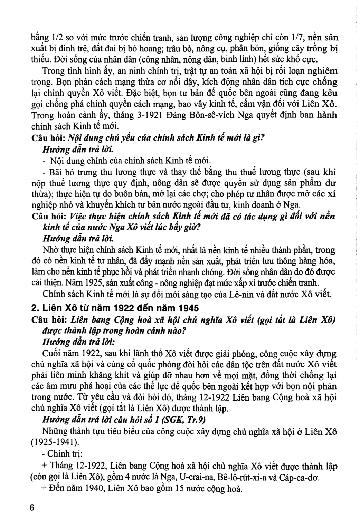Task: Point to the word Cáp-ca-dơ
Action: tap(305, 478)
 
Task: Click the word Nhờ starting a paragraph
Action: tap(49, 250)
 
